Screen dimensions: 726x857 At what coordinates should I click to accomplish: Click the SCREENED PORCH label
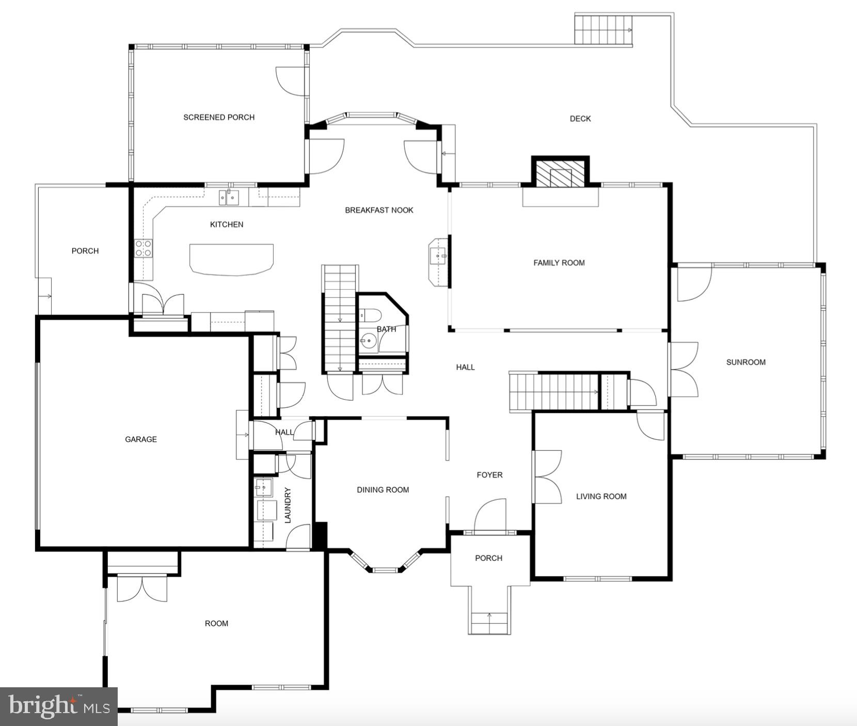point(219,117)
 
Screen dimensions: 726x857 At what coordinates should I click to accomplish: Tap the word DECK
point(580,119)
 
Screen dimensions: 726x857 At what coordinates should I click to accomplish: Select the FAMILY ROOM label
point(559,263)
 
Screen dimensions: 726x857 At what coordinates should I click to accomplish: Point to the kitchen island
point(231,259)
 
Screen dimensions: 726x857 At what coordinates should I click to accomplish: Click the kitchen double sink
point(229,197)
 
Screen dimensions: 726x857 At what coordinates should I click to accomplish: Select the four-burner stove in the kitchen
point(144,248)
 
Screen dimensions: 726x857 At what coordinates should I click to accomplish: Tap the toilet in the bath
point(370,314)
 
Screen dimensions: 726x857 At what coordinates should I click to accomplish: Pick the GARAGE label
point(140,439)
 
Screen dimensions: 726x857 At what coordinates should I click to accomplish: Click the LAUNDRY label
point(288,505)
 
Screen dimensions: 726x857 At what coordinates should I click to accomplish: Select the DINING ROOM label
point(383,490)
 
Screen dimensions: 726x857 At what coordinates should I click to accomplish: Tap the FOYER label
point(489,475)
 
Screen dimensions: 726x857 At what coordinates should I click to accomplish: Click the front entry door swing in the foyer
point(490,514)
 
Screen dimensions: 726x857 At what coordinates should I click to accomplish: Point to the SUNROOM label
point(745,362)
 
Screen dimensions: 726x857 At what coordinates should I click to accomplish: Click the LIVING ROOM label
point(601,497)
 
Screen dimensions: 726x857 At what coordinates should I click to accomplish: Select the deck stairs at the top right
point(602,29)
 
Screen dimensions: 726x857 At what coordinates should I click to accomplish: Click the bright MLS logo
point(58,706)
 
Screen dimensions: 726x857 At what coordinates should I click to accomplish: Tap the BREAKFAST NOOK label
point(379,210)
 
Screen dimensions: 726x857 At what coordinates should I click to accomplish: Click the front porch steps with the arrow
point(489,622)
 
